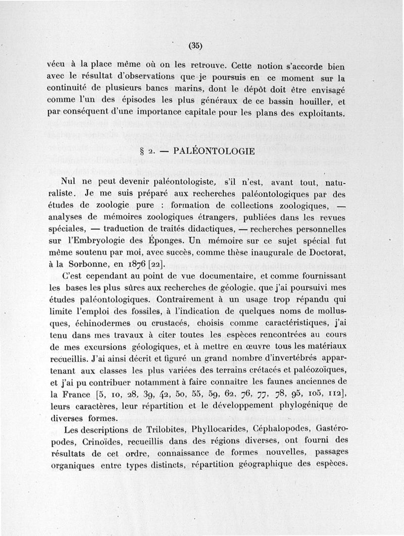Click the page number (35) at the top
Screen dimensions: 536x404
pos(195,45)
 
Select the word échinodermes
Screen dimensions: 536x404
pos(95,323)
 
